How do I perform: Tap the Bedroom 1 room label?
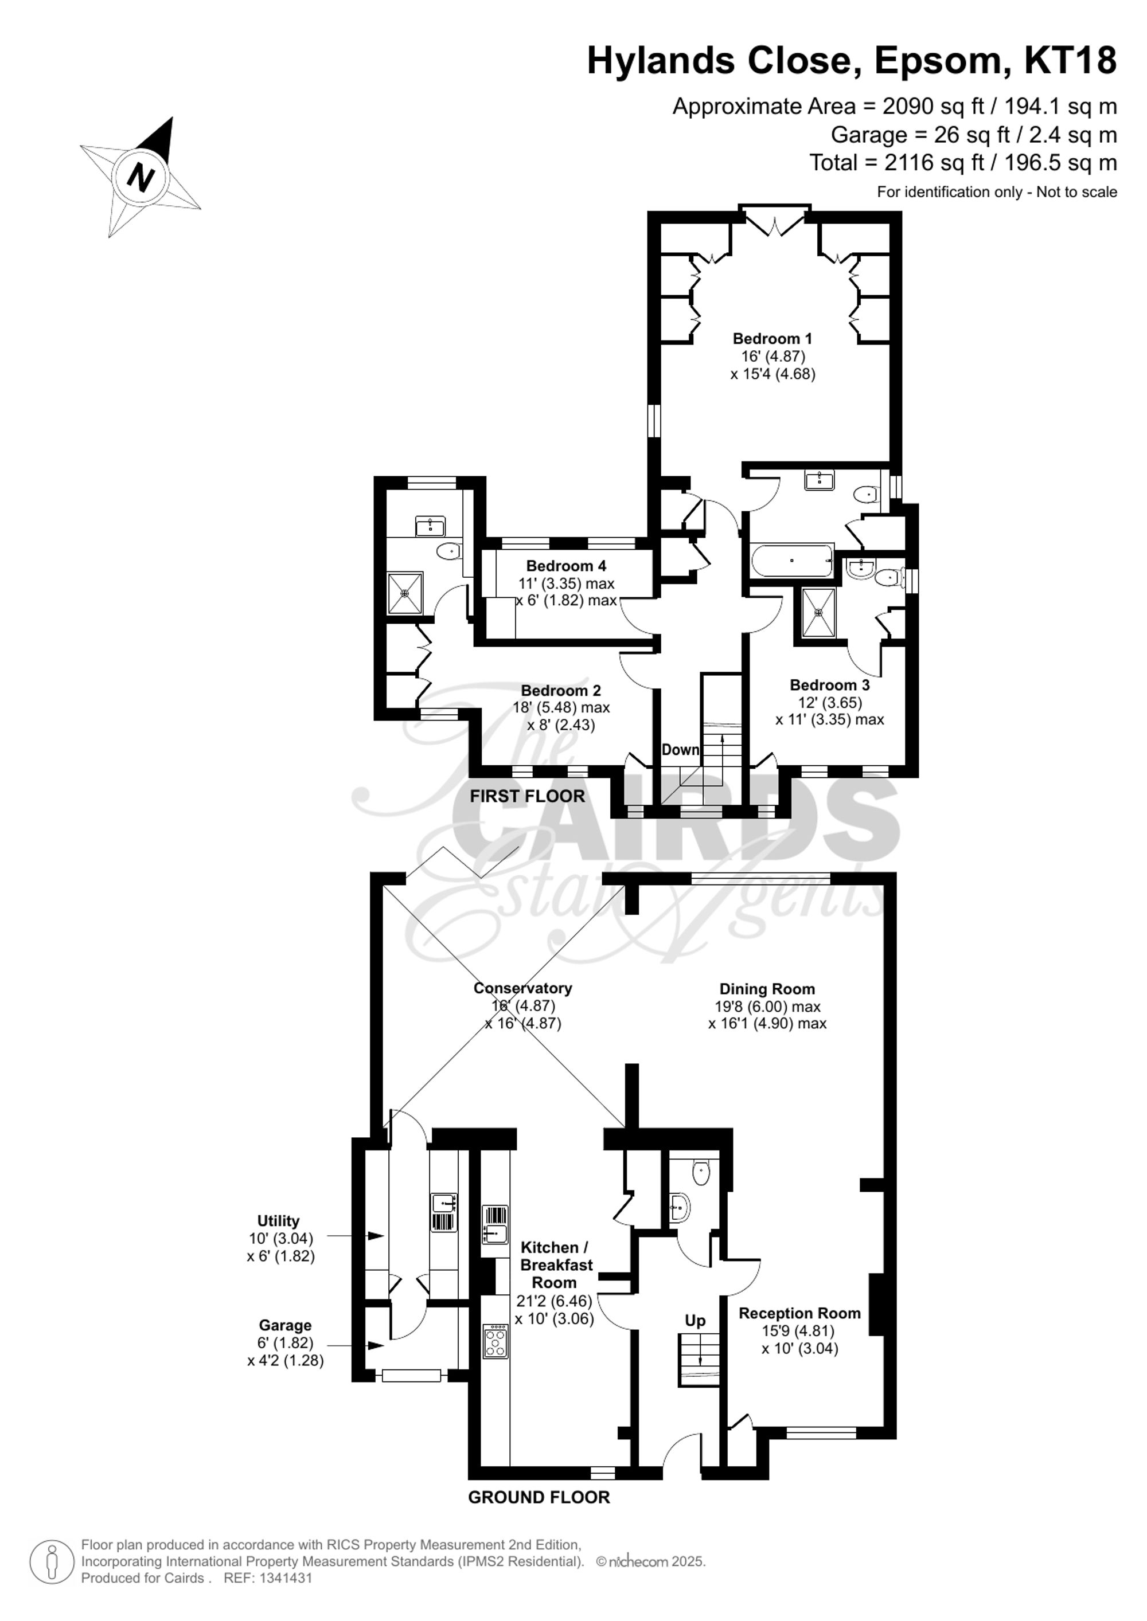[x=772, y=338]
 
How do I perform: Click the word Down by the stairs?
[x=680, y=749]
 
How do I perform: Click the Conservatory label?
[x=522, y=988]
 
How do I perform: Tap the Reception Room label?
[x=799, y=1313]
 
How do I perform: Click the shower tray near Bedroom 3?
[x=818, y=612]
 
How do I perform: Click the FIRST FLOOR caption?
[x=528, y=796]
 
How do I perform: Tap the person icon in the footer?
[x=52, y=1562]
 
